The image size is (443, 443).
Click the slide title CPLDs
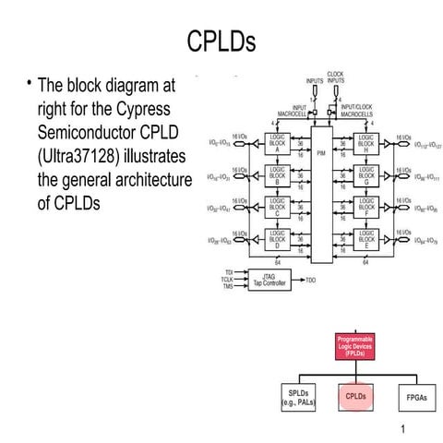(x=221, y=42)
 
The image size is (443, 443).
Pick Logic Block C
(x=276, y=205)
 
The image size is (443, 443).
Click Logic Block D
(x=276, y=239)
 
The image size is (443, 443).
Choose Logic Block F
(x=366, y=205)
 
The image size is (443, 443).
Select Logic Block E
(x=366, y=239)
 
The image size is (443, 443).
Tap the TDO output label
(x=311, y=279)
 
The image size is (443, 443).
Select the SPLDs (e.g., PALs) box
(x=293, y=397)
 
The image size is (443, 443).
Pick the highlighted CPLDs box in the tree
(x=354, y=397)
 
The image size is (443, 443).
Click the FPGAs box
(x=415, y=397)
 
